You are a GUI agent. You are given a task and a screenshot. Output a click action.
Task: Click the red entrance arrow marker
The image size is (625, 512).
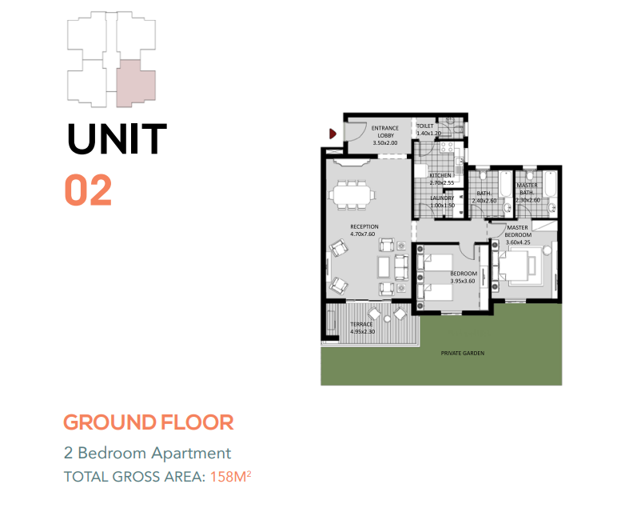[332, 134]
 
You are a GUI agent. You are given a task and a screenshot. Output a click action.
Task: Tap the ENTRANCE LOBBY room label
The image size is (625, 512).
[385, 135]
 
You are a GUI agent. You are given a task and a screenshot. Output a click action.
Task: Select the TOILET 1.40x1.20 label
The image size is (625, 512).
[428, 130]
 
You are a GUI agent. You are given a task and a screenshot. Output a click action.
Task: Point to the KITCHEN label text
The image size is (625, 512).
[440, 175]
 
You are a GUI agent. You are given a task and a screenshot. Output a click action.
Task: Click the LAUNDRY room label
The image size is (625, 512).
[442, 198]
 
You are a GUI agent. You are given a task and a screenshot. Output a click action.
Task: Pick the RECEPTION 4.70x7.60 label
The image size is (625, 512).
[364, 230]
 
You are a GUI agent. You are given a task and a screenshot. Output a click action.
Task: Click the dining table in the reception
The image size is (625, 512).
[352, 195]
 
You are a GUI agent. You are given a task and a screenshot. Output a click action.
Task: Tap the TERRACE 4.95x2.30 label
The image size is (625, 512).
[362, 328]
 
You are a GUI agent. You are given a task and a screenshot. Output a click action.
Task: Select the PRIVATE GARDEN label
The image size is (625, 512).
[463, 353]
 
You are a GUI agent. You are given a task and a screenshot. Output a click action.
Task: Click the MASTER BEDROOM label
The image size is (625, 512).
[518, 231]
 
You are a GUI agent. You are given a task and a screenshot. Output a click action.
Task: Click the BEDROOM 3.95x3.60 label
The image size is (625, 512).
[464, 277]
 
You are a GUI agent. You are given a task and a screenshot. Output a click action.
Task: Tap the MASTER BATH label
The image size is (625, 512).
[527, 189]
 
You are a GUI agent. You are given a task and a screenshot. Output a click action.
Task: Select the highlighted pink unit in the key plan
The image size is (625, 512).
[136, 83]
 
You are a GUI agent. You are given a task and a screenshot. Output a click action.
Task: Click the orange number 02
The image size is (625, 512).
[88, 190]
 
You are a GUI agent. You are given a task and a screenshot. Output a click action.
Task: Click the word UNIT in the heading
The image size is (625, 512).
[117, 138]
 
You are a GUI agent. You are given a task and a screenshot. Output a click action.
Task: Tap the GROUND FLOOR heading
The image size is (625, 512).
[149, 422]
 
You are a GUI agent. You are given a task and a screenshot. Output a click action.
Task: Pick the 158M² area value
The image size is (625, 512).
[231, 477]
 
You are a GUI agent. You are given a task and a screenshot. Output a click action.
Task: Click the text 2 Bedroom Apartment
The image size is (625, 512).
[148, 453]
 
